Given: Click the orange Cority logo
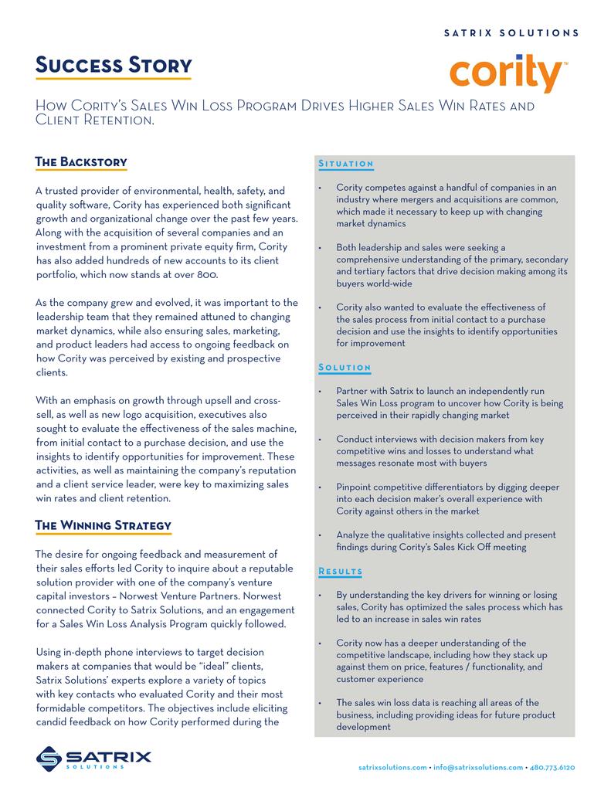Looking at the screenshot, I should pyautogui.click(x=507, y=73).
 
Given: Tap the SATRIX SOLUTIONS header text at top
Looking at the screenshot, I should pyautogui.click(x=512, y=33).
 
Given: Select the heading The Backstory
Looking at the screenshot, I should pyautogui.click(x=81, y=161).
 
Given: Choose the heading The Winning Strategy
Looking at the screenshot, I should pyautogui.click(x=104, y=525).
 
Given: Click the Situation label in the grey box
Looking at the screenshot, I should pyautogui.click(x=346, y=164).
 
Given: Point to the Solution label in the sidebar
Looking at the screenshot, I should pyautogui.click(x=345, y=367).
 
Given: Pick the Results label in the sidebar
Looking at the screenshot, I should pyautogui.click(x=341, y=571).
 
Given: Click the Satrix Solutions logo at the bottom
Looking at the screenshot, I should pyautogui.click(x=93, y=758).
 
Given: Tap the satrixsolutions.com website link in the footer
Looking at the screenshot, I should pyautogui.click(x=392, y=767).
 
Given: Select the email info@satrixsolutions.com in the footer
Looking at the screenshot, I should pyautogui.click(x=478, y=767).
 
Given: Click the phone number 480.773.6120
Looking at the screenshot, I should pyautogui.click(x=552, y=767).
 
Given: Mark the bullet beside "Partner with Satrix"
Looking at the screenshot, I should pyautogui.click(x=320, y=392).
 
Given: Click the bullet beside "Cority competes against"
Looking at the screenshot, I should pyautogui.click(x=320, y=188).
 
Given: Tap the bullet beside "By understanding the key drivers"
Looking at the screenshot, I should pyautogui.click(x=320, y=596).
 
